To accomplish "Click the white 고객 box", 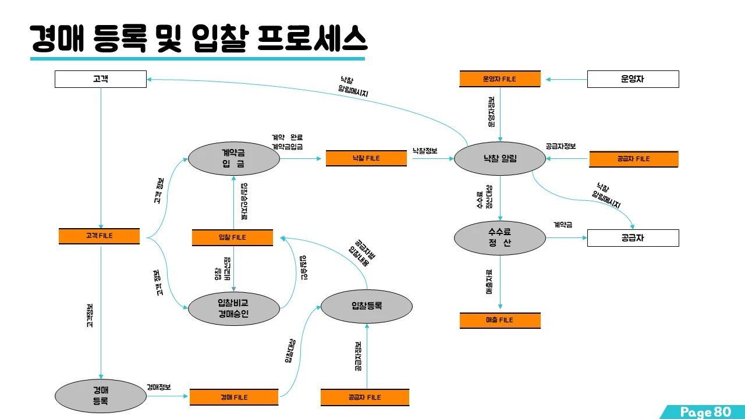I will pos(100,79).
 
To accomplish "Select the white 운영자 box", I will pos(633,79).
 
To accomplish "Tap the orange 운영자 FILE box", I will pos(499,79).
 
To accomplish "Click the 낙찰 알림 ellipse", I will pos(500,158).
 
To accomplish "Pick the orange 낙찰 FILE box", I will pos(366,158).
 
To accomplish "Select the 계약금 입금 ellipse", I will pos(233,158).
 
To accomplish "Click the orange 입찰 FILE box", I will pos(232,237).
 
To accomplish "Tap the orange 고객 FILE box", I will pos(99,236).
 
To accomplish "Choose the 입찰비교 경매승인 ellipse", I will pos(233,308).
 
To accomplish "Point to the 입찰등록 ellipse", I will pos(367,306).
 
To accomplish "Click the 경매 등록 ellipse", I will pos(100,395).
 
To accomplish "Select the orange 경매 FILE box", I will pos(234,397).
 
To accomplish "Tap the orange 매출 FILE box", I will pos(499,320).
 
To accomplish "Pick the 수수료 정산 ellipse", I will pos(500,237).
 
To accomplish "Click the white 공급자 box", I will pos(633,238).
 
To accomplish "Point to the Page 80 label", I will pos(705,412).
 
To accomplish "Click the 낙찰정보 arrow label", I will pos(425,151).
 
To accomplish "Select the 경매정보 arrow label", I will pos(159,386).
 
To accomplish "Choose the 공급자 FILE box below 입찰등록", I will pos(366,397).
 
